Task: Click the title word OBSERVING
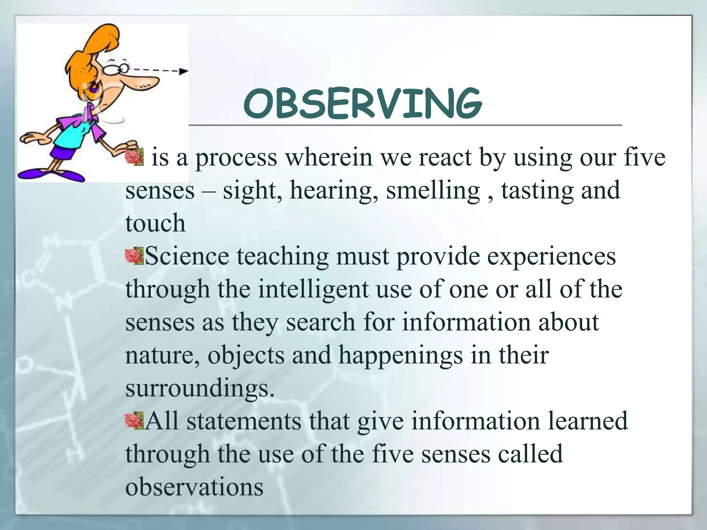(362, 103)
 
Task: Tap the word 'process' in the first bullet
(236, 158)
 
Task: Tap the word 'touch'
(155, 223)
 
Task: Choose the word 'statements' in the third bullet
(244, 421)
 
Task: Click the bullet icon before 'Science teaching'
(134, 256)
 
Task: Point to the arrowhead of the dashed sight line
(184, 72)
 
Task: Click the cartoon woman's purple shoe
(52, 174)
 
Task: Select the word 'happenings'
(400, 355)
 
